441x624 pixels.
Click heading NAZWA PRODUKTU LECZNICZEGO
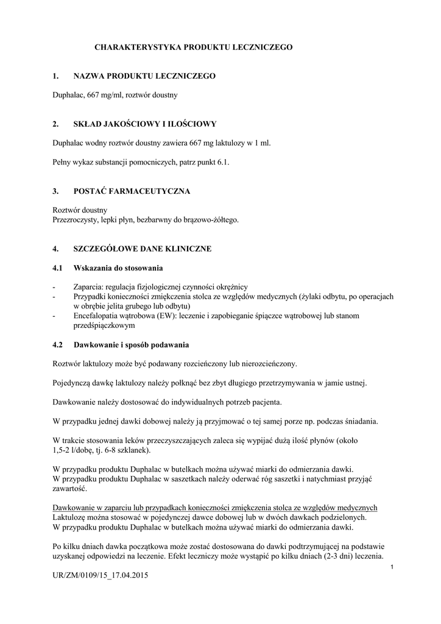coord(144,76)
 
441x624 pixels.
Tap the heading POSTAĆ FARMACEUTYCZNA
coord(132,191)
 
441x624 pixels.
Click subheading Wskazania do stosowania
coord(118,268)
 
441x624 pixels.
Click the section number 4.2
coord(58,345)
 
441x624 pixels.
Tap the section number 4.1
coord(58,268)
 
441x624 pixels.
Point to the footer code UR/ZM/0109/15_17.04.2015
coord(101,575)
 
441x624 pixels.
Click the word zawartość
coord(69,489)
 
